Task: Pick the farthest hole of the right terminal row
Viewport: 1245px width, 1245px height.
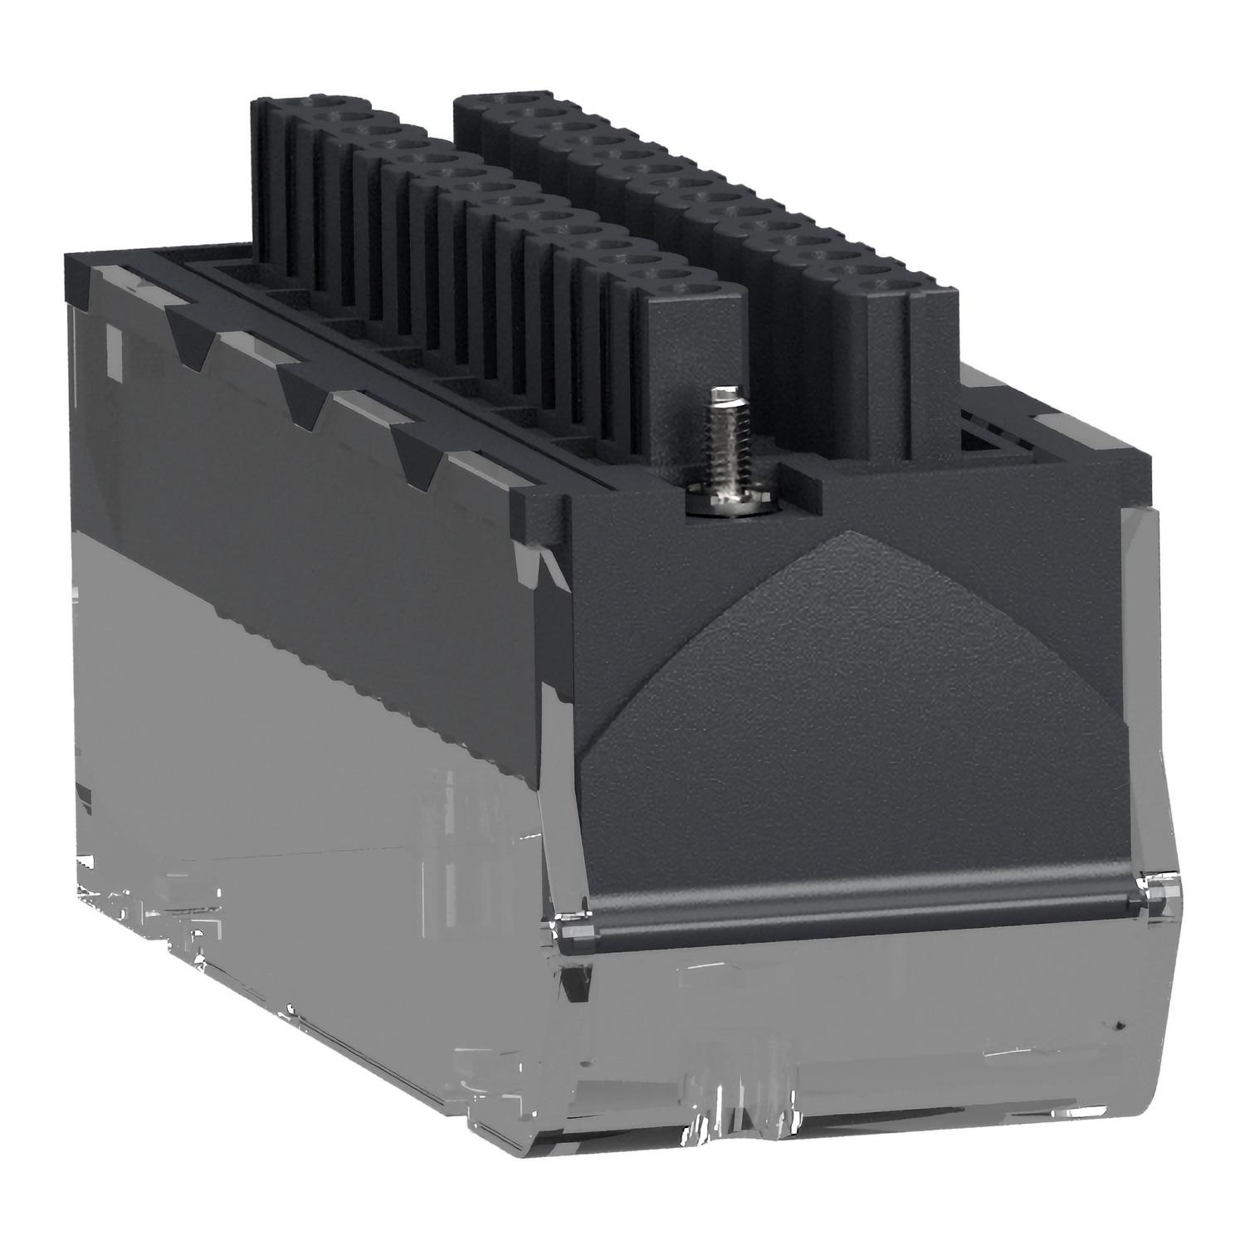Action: (x=515, y=98)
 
